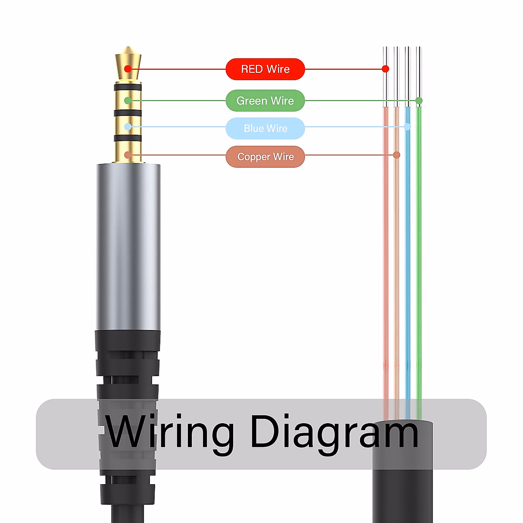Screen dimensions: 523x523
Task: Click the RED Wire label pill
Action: point(265,69)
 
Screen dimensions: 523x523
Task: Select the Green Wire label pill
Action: point(265,101)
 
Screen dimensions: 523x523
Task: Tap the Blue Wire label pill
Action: point(265,129)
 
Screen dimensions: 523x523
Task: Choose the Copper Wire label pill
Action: point(265,157)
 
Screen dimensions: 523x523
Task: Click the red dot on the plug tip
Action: point(127,69)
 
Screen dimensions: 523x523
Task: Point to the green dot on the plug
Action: point(128,101)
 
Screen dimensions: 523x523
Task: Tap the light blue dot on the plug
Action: point(128,127)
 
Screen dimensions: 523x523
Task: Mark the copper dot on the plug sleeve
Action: point(128,155)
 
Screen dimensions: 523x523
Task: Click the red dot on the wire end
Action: point(385,69)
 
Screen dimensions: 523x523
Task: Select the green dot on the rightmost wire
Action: point(419,101)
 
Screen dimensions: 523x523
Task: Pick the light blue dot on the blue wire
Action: point(408,127)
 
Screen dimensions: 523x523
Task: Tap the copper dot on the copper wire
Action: point(397,155)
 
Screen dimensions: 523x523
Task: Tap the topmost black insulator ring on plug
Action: point(128,88)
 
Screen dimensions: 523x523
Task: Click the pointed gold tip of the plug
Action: point(128,54)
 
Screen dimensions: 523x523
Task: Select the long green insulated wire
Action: point(419,261)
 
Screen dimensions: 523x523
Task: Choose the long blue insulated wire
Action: point(408,261)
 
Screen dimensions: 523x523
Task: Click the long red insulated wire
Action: point(386,261)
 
